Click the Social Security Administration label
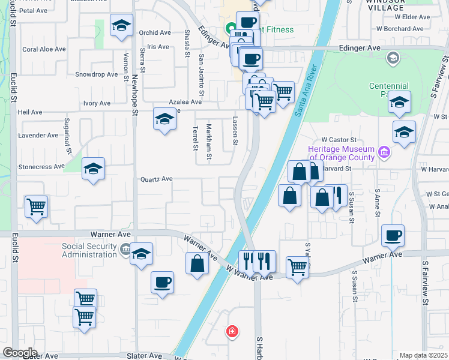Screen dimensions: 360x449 pyautogui.click(x=89, y=250)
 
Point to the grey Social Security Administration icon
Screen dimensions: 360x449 pyautogui.click(x=125, y=249)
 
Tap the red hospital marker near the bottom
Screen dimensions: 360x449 pyautogui.click(x=232, y=331)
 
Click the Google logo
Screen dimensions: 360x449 pyautogui.click(x=20, y=353)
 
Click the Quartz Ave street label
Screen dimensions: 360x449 pyautogui.click(x=156, y=179)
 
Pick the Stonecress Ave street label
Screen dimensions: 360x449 pyautogui.click(x=41, y=166)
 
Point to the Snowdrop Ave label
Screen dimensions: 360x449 pyautogui.click(x=97, y=74)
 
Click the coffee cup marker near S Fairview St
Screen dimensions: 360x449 pyautogui.click(x=393, y=235)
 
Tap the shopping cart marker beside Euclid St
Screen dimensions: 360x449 pyautogui.click(x=37, y=207)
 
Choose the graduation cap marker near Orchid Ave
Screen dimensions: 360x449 pyautogui.click(x=122, y=26)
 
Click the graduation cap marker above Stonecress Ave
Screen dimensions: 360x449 pyautogui.click(x=93, y=169)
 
